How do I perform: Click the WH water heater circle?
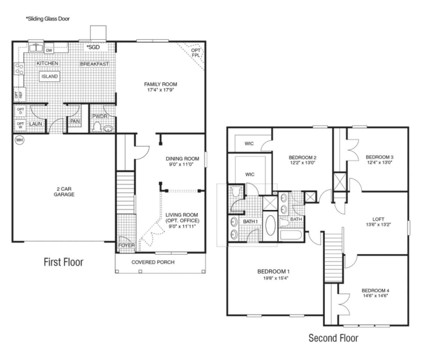[x=19, y=140]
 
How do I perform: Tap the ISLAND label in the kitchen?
[x=49, y=76]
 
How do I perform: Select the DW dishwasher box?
[x=49, y=50]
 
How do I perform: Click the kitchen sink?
[x=36, y=48]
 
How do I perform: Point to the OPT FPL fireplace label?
[x=196, y=53]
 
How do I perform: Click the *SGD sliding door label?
[x=93, y=47]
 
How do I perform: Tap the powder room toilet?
[x=97, y=127]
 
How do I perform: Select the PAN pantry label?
[x=75, y=121]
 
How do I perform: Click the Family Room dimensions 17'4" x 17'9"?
[x=160, y=90]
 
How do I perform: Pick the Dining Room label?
[x=182, y=159]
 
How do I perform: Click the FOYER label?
[x=126, y=245]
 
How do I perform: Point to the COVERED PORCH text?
[x=153, y=262]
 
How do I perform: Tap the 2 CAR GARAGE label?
[x=64, y=192]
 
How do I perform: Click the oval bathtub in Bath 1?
[x=270, y=225]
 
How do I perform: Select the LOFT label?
[x=378, y=219]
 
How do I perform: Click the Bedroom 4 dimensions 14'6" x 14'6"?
[x=376, y=295]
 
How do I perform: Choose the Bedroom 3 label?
[x=379, y=157]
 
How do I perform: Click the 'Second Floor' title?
[x=333, y=338]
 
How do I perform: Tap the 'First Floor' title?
[x=64, y=262]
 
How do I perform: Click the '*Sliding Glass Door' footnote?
[x=48, y=19]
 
